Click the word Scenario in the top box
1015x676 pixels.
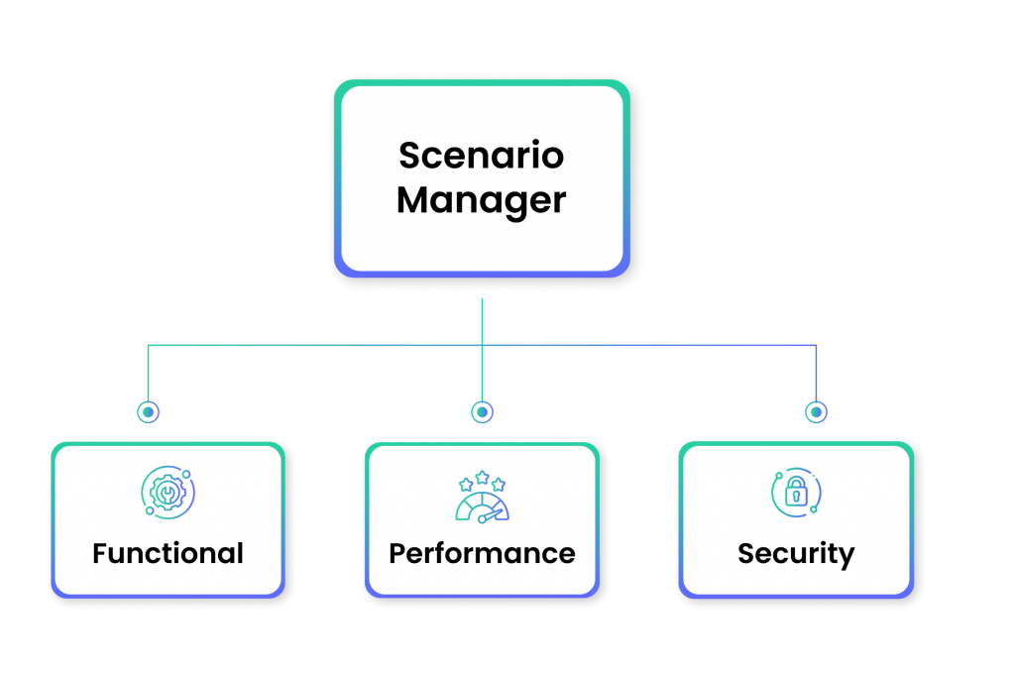(481, 156)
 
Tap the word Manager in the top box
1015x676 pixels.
(481, 201)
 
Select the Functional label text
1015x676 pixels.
(168, 553)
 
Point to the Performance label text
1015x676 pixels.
(482, 553)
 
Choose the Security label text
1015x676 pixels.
(796, 553)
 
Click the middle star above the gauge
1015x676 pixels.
(482, 477)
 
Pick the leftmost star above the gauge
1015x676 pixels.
(465, 485)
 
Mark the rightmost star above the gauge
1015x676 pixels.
(499, 485)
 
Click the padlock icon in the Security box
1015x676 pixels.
(795, 494)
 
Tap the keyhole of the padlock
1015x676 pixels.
(795, 499)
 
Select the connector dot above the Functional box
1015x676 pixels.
(148, 410)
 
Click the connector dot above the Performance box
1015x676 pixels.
(482, 410)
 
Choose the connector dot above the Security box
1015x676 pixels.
(815, 410)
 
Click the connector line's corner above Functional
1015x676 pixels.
(148, 346)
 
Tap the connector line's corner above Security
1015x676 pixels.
(815, 346)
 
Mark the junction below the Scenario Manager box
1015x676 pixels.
(482, 346)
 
